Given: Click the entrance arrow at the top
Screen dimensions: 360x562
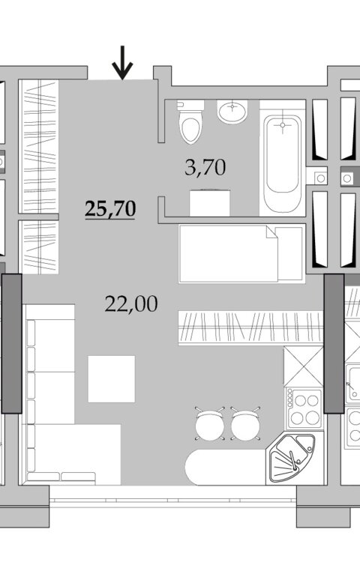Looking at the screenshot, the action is [x=122, y=63].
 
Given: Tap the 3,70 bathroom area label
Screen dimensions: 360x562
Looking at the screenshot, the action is [x=205, y=167].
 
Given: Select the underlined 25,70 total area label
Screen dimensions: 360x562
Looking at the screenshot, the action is [x=110, y=209].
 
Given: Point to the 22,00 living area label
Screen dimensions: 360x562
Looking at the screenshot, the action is [x=131, y=304].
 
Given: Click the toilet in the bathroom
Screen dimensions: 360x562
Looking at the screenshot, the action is [x=190, y=122].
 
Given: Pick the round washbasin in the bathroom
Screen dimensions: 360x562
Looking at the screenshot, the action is [x=232, y=111].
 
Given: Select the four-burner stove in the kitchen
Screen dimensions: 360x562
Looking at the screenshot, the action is [x=304, y=408].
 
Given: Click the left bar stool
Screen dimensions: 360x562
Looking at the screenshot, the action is [x=210, y=424].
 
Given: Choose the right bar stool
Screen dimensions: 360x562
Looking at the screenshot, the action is [x=245, y=424].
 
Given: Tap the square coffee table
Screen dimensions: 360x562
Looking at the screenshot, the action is [x=112, y=379].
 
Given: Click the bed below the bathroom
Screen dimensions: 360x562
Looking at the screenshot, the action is [x=241, y=253].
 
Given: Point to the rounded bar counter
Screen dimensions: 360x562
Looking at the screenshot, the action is [x=226, y=467].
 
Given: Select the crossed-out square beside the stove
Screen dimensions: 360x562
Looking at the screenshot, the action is [x=304, y=366].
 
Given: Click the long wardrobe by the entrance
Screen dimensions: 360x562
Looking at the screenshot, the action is [x=39, y=146].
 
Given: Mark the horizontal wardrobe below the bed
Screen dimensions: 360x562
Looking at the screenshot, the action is [x=250, y=328].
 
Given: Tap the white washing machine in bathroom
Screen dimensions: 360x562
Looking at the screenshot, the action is [x=210, y=203].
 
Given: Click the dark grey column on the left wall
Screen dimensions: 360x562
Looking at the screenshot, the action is [x=11, y=344].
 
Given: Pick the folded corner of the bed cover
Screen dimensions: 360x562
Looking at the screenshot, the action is [x=272, y=232].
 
